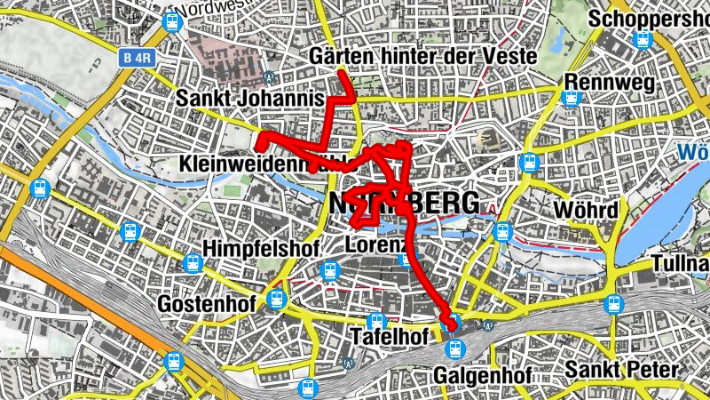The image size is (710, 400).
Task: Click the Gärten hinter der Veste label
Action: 423,57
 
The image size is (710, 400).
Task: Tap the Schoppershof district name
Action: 648,19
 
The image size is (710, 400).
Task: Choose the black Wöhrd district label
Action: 585,211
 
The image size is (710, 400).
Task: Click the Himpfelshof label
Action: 260,247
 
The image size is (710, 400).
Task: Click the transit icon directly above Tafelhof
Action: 376,320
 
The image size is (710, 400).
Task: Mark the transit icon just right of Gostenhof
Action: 276,300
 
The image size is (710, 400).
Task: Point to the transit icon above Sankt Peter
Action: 612,305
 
